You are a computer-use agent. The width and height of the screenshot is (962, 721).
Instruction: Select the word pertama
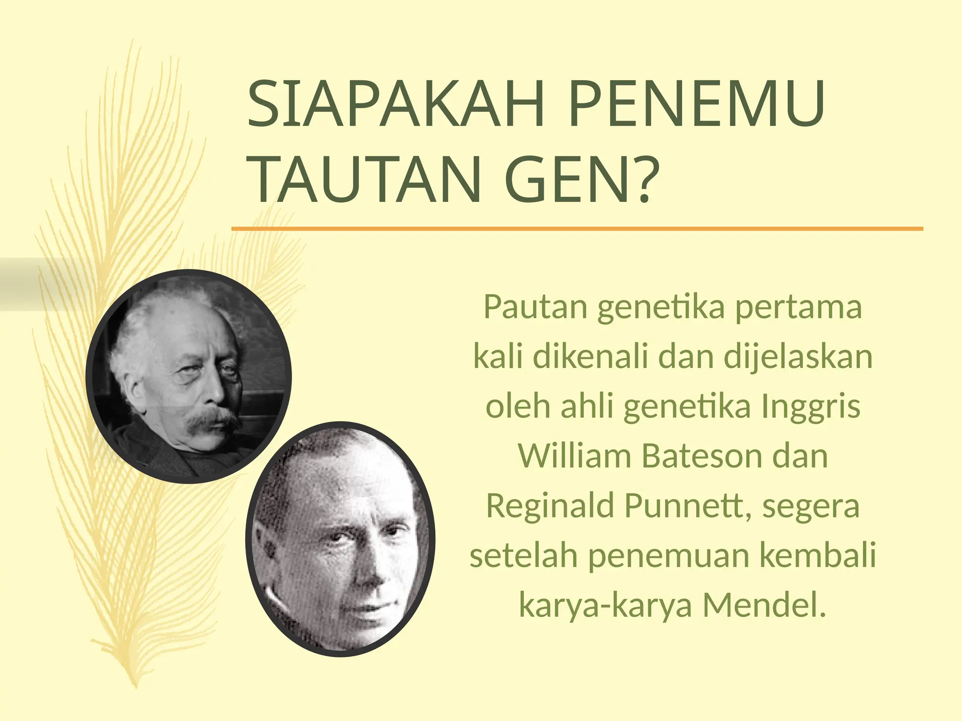(798, 307)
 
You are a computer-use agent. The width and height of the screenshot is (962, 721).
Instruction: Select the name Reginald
(550, 506)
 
